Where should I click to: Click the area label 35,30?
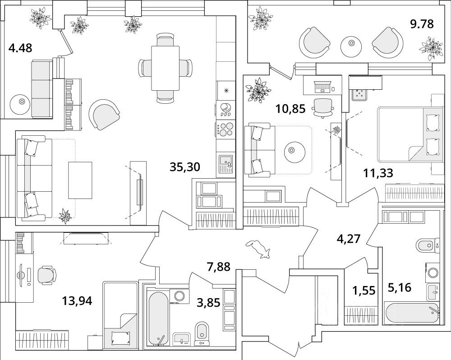[184, 167]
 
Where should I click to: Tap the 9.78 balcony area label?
[422, 24]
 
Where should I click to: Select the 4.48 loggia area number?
[20, 48]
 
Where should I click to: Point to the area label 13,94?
[77, 301]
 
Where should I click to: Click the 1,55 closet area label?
[364, 291]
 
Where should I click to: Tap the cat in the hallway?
[258, 248]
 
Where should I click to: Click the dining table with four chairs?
[166, 68]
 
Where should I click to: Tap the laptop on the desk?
[322, 87]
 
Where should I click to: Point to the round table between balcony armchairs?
[351, 46]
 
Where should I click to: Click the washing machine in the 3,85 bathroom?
[179, 296]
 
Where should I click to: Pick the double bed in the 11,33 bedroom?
[410, 134]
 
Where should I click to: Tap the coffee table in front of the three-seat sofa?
[80, 180]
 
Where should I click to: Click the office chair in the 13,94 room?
[47, 275]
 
